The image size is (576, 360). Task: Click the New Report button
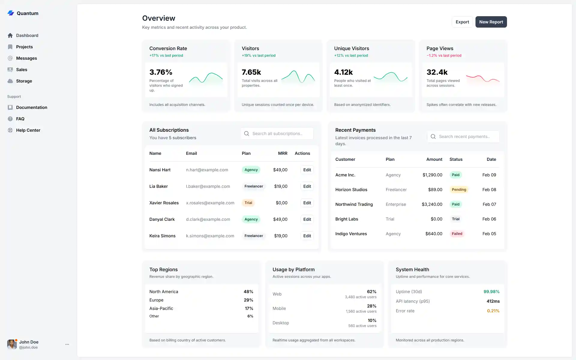491,22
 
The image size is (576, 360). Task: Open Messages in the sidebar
26,58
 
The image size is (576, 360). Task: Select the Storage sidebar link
24,81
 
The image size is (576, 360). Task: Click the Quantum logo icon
11,13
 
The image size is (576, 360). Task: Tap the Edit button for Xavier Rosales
307,203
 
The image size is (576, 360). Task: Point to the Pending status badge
459,190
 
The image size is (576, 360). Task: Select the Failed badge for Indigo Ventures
457,234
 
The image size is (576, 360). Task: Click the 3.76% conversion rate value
161,72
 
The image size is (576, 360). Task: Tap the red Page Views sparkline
482,79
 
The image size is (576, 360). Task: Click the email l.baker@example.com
208,186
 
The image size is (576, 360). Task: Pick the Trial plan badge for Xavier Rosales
248,203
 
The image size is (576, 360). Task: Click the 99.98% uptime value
491,292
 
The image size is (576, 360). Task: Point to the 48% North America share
248,292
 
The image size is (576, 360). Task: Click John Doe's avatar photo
12,344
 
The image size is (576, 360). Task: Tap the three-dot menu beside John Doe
67,344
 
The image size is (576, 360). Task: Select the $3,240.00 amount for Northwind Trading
432,204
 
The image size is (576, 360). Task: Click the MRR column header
282,153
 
